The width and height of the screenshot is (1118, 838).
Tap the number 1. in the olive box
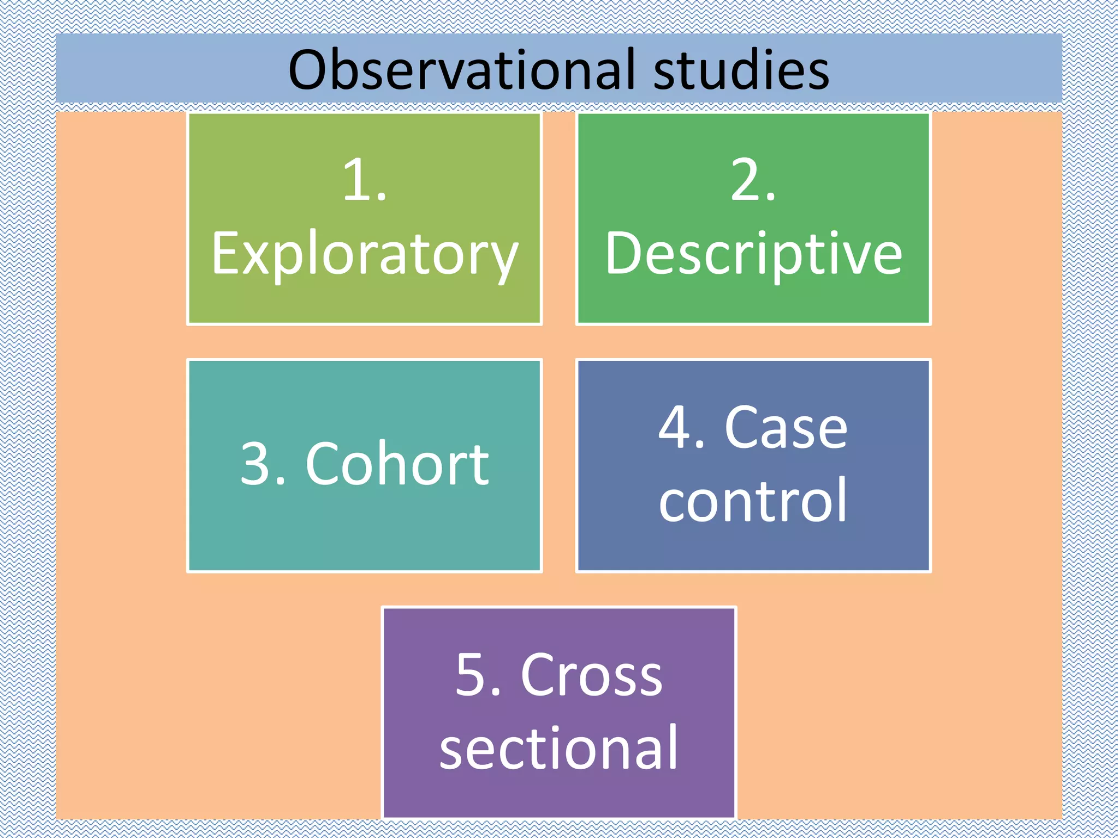[364, 180]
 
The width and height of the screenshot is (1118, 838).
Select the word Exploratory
[364, 254]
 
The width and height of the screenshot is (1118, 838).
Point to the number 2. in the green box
[753, 180]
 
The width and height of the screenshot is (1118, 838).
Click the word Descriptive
[753, 254]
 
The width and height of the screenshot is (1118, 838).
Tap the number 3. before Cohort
[263, 464]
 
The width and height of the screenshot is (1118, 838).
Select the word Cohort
[397, 464]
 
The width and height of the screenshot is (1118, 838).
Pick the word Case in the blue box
[786, 428]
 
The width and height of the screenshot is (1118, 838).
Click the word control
[753, 500]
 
